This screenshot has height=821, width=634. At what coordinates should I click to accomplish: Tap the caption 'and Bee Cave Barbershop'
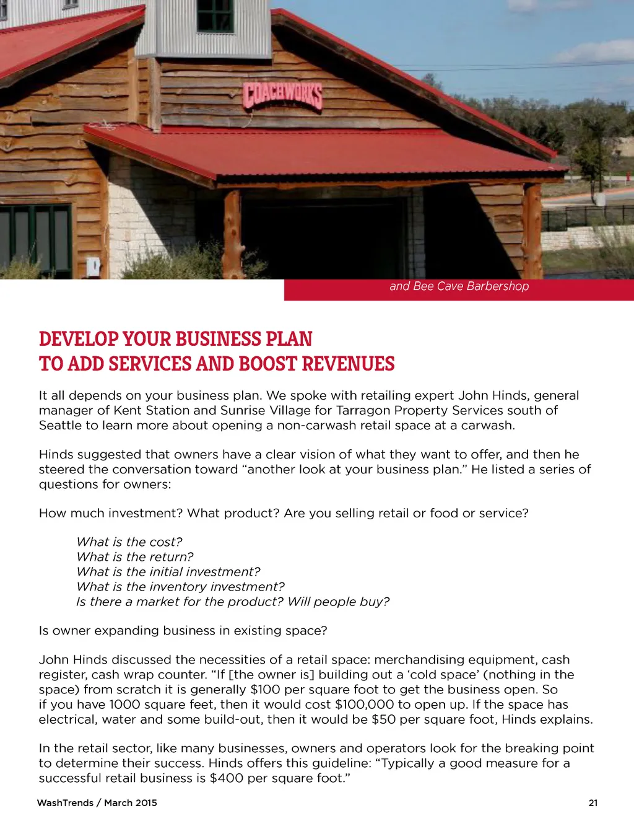pos(459,286)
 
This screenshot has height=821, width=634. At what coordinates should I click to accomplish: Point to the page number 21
pos(593,803)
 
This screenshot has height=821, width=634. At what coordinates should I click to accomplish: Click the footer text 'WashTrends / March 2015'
pos(97,803)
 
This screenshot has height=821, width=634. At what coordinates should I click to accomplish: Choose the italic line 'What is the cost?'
pos(129,542)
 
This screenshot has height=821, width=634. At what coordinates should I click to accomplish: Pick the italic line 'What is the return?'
pos(135,557)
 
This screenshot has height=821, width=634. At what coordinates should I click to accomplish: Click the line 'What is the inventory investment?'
pos(180,587)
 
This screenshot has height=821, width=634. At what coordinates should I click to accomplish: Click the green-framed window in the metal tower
pos(215,15)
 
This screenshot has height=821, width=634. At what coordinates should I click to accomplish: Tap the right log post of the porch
pos(532,229)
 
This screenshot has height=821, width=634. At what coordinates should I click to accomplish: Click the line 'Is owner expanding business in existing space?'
pos(183,631)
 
